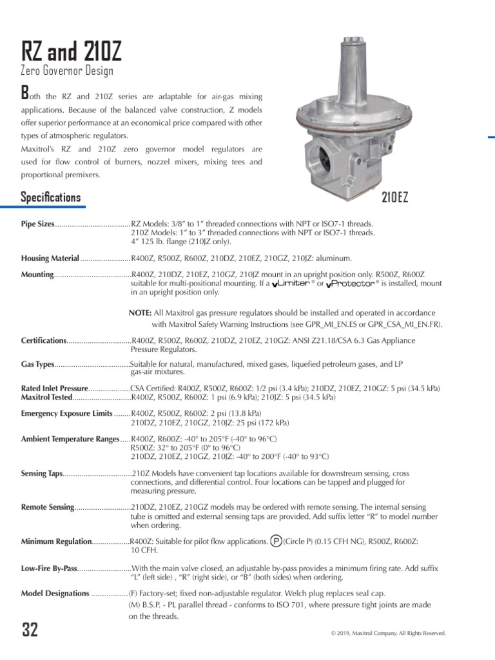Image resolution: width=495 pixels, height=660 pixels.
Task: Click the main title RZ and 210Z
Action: [71, 51]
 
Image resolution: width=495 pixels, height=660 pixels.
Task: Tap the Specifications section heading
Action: [51, 197]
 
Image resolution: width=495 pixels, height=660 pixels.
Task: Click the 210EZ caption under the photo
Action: [394, 198]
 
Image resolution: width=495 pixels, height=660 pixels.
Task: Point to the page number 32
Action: [30, 630]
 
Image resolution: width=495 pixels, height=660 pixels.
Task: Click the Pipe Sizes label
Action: [37, 224]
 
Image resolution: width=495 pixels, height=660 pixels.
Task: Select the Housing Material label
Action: [50, 258]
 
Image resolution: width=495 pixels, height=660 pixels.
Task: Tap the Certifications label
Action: [44, 340]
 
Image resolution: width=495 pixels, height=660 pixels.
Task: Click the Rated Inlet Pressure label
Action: [54, 389]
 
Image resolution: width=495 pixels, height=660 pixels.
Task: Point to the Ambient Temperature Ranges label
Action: [70, 439]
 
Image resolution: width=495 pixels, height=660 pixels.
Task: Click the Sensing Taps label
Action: [42, 474]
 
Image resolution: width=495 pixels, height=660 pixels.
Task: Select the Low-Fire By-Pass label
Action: [49, 568]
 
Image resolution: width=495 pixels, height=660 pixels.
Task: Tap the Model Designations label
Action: [55, 593]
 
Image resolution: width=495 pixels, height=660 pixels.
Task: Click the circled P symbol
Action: [276, 541]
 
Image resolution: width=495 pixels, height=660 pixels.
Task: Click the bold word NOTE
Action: [140, 313]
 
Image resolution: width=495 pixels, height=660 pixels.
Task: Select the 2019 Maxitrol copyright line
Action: [387, 634]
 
